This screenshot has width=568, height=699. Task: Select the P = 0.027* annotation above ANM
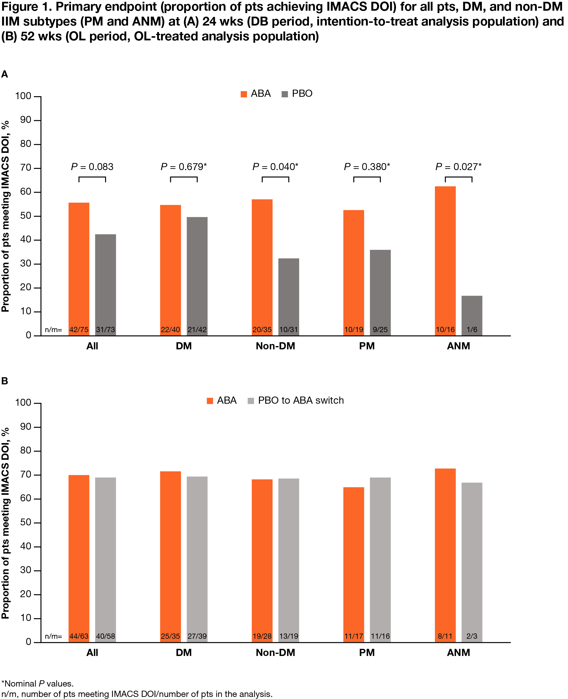point(458,167)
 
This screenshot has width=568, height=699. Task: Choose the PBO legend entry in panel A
point(297,94)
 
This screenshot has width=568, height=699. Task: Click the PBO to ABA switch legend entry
point(296,400)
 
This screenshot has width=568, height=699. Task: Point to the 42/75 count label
point(79,329)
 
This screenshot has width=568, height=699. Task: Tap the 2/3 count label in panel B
point(472,636)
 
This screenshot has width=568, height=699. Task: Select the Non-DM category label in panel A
point(275,346)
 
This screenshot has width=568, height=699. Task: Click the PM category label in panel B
point(367,653)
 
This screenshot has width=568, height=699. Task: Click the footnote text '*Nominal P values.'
point(38,684)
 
